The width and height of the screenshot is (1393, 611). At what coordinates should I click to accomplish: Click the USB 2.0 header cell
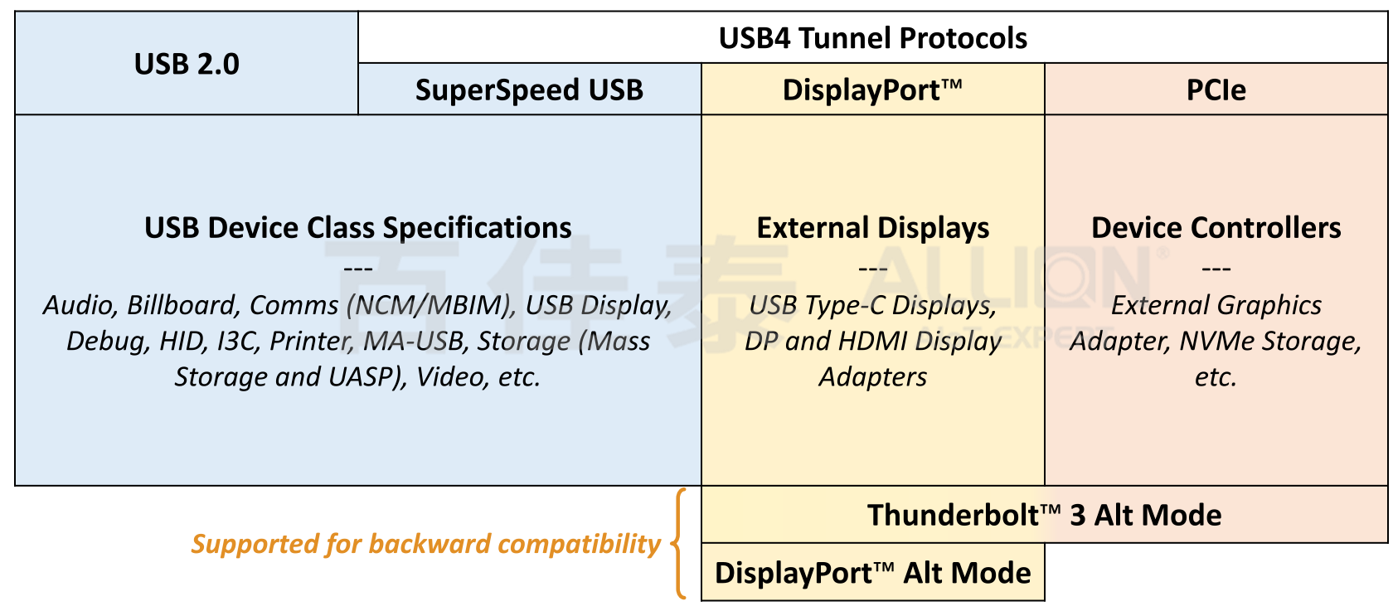click(187, 64)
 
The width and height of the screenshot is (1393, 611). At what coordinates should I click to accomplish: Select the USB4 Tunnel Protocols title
click(872, 38)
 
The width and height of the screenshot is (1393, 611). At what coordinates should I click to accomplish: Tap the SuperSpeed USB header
click(529, 90)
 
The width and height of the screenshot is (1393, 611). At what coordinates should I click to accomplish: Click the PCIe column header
click(1216, 90)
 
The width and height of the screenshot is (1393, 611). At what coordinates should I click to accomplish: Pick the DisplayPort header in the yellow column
click(872, 90)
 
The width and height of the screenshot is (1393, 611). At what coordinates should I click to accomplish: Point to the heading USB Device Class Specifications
click(358, 228)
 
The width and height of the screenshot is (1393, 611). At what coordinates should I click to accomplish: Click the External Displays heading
click(872, 228)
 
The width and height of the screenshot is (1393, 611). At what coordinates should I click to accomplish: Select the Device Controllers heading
click(1216, 228)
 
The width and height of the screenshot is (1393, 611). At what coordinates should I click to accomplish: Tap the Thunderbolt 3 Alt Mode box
click(1044, 515)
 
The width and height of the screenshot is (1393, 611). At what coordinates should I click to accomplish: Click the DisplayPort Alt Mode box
click(872, 573)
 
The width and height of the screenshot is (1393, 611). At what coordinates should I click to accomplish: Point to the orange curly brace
click(679, 544)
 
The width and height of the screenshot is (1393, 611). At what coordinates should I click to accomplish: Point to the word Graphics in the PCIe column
click(1269, 305)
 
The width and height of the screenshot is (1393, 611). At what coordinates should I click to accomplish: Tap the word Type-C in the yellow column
click(848, 305)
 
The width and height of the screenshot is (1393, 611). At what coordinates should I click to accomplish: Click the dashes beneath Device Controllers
click(1216, 268)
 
